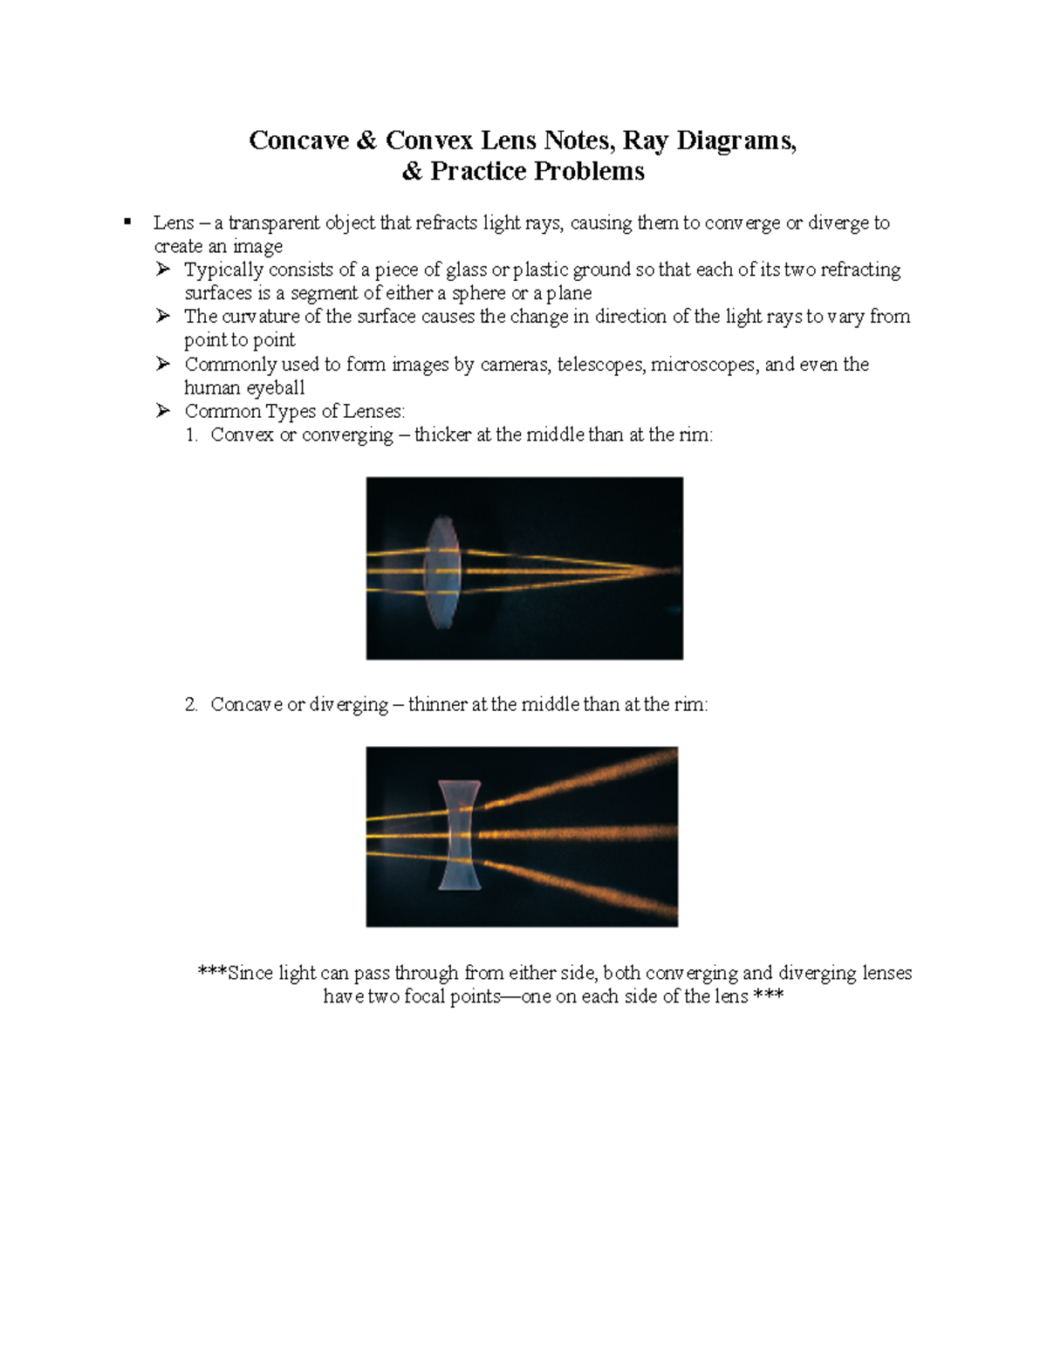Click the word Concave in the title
[298, 140]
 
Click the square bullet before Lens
[127, 222]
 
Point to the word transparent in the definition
[273, 223]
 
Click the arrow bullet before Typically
[163, 270]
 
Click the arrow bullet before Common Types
[163, 411]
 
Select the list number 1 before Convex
[192, 435]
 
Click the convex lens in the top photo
[441, 571]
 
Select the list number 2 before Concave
[192, 705]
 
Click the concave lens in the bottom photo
[459, 835]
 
